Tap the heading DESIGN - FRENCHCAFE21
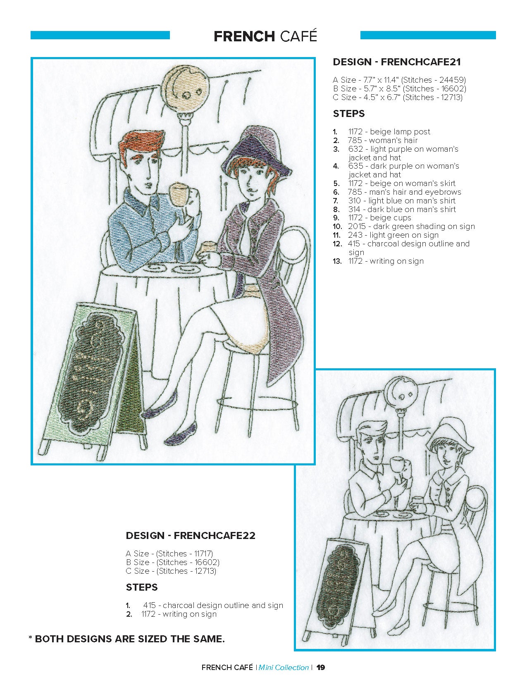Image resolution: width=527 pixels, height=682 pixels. pyautogui.click(x=397, y=62)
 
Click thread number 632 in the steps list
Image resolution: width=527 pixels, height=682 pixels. pyautogui.click(x=355, y=149)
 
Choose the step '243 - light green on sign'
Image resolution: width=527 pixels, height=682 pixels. pyautogui.click(x=393, y=235)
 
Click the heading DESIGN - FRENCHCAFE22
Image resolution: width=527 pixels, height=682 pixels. pyautogui.click(x=191, y=536)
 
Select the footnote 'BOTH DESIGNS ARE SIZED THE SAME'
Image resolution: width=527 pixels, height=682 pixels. pyautogui.click(x=130, y=639)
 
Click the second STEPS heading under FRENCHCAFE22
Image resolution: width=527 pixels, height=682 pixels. pyautogui.click(x=142, y=587)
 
